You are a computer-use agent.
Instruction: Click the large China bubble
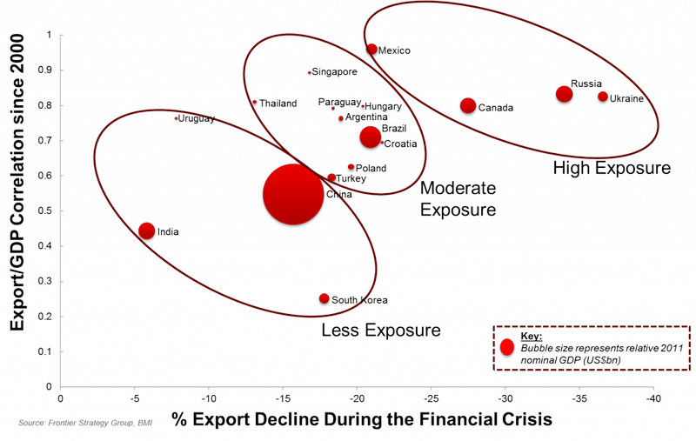[293, 194]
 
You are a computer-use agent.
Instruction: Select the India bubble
[146, 231]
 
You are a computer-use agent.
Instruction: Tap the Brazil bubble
[371, 137]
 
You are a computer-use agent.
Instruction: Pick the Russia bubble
[564, 94]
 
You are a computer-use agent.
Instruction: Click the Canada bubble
[468, 106]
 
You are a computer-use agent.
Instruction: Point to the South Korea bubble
[324, 298]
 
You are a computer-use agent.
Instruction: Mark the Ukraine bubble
[602, 97]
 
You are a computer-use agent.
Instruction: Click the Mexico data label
[394, 50]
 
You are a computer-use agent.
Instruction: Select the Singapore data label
[334, 72]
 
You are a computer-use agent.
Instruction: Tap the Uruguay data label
[197, 119]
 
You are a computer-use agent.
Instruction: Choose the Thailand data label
[278, 104]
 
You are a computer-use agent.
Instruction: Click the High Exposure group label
[612, 168]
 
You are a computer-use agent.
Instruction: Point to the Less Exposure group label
[381, 331]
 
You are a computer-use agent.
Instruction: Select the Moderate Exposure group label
[458, 199]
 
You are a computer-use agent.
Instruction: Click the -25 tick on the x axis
[431, 398]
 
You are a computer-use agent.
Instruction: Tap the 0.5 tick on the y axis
[46, 210]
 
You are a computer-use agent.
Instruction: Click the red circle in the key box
[507, 347]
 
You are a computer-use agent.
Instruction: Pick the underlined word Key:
[532, 337]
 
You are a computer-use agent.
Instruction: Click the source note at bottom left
[85, 423]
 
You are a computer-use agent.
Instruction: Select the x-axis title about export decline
[362, 419]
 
